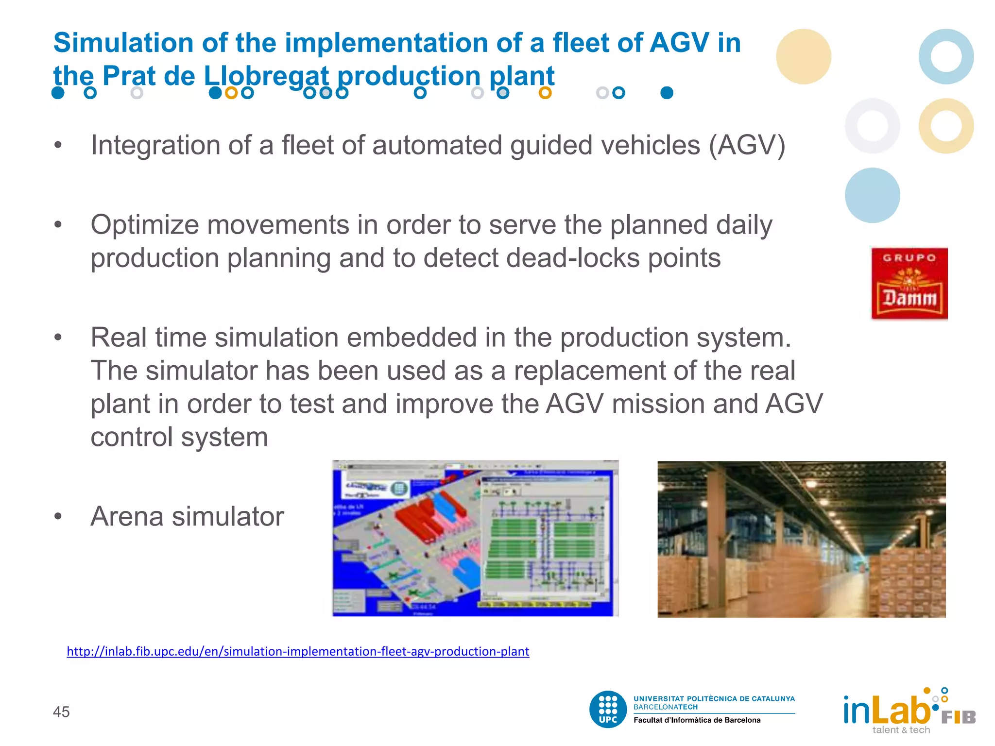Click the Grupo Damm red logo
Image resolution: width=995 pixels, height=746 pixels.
[x=909, y=284]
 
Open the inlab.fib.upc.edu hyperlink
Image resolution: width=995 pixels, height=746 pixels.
[x=297, y=651]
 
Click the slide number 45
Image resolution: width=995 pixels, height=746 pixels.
[x=61, y=712]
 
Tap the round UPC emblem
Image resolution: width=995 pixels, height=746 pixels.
[x=608, y=709]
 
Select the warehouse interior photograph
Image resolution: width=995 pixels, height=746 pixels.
[x=801, y=539]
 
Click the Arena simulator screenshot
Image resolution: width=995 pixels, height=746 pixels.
[x=475, y=538]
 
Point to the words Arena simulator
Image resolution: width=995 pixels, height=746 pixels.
[x=187, y=516]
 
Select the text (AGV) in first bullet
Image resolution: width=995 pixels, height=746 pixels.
[x=747, y=145]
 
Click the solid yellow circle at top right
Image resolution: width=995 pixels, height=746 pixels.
[x=803, y=56]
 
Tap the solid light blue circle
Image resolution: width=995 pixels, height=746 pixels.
[x=872, y=195]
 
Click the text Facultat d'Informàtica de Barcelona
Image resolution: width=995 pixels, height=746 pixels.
[x=697, y=720]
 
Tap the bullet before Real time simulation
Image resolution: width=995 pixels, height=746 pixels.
[x=58, y=337]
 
